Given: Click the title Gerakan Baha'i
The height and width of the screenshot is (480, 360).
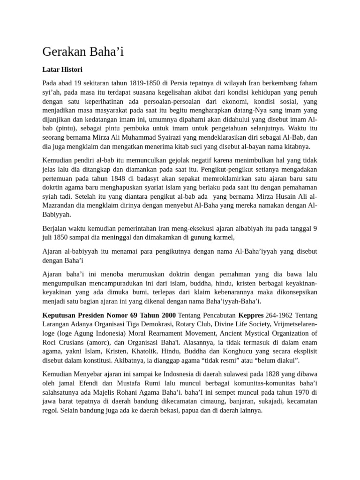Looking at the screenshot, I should (x=83, y=51).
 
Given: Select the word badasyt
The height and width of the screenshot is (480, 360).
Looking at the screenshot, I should (x=154, y=179).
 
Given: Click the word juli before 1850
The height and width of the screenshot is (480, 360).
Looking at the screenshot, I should (x=49, y=238).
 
